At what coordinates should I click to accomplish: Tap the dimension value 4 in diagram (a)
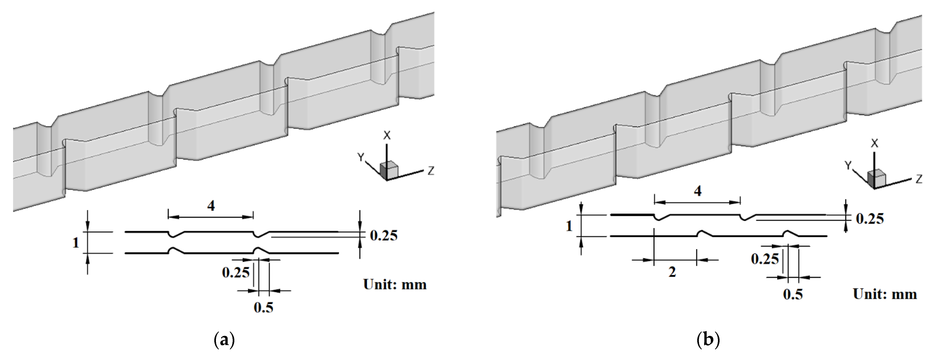pos(211,206)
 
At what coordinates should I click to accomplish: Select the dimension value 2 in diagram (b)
pos(672,272)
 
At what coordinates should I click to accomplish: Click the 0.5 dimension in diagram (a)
pos(263,308)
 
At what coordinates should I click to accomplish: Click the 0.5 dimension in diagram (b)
pos(793,294)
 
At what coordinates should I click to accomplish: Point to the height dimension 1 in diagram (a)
pos(76,242)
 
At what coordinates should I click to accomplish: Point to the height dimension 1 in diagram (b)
pos(569,226)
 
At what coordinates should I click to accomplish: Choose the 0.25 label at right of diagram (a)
pos(383,236)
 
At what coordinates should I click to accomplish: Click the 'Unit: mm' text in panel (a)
pos(395,285)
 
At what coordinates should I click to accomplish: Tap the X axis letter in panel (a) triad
pos(387,136)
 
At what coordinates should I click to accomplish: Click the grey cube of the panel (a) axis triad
pos(389,170)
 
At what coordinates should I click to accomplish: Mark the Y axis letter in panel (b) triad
pos(848,166)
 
